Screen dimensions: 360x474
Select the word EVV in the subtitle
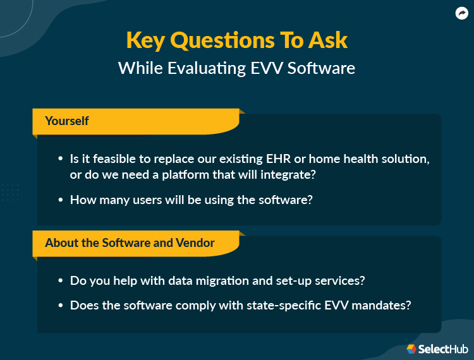(268, 68)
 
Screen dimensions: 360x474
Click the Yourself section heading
(67, 121)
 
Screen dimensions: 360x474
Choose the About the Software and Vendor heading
(130, 243)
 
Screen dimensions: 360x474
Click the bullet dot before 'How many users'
(60, 200)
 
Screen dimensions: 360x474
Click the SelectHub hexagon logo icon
(411, 349)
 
